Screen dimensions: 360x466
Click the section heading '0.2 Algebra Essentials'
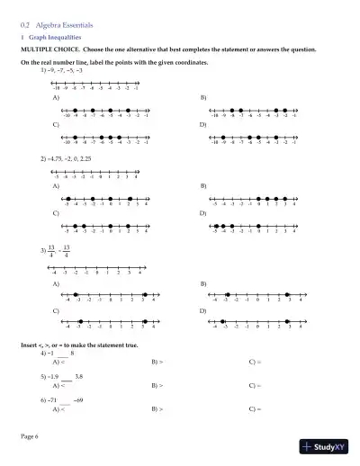tap(59, 29)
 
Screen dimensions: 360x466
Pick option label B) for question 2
tap(202, 185)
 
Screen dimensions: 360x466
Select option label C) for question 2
tap(57, 212)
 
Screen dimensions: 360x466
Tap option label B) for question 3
tap(202, 283)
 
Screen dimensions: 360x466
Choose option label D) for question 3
tap(202, 310)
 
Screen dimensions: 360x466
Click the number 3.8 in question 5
tap(79, 375)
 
